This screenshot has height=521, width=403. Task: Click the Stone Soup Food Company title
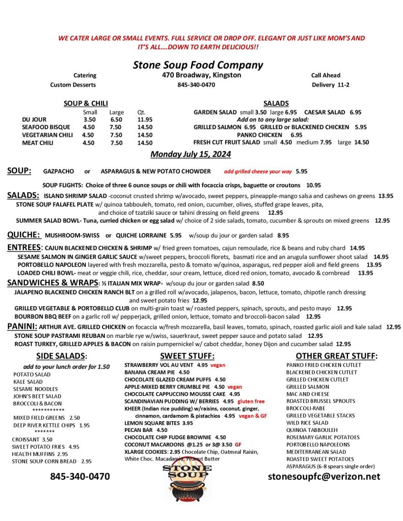[x=198, y=65]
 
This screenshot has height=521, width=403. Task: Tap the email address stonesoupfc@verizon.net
[x=324, y=476]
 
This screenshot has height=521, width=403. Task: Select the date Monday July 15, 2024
[x=191, y=154]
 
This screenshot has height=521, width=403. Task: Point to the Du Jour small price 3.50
[x=89, y=120]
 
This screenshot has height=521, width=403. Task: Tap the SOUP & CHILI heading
[x=86, y=103]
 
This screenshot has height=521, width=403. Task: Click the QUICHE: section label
[x=24, y=235]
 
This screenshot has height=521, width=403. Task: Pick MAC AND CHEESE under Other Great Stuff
[x=307, y=394]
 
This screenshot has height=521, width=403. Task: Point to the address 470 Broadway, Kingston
[x=198, y=75]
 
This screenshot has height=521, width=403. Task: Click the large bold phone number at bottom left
[x=79, y=477]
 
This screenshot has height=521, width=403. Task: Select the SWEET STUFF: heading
[x=187, y=356]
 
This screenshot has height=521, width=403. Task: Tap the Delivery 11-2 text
[x=331, y=84]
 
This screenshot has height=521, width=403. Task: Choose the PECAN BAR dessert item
[x=139, y=430]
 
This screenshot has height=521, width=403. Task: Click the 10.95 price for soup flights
[x=313, y=185]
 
